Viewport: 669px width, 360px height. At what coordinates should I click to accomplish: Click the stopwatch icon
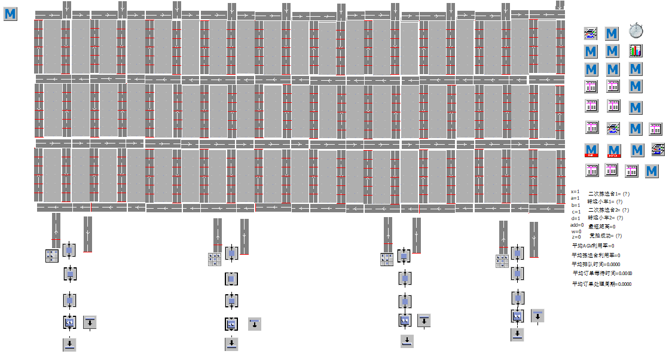coord(635,30)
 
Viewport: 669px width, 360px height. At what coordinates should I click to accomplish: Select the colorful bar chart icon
coord(636,51)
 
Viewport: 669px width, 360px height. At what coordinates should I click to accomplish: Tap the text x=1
coord(575,191)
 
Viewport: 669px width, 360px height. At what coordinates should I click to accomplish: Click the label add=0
coord(577,225)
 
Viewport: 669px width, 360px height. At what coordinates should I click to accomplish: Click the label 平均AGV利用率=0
coord(593,246)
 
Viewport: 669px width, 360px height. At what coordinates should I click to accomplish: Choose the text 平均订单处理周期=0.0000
coord(601,284)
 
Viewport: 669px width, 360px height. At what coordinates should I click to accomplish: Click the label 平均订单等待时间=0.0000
coord(601,273)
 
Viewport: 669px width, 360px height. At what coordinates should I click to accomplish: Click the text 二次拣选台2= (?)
coord(609,210)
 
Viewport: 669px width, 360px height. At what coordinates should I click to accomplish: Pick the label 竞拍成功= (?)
coord(606,235)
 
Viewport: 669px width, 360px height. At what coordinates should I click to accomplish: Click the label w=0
coord(576,231)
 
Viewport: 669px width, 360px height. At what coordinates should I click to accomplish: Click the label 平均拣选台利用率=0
coord(596,255)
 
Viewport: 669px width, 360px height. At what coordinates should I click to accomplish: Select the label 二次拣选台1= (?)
coord(609,194)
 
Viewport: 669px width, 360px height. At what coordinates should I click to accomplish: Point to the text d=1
coord(575,218)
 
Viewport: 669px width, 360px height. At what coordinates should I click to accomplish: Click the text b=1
coord(575,205)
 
